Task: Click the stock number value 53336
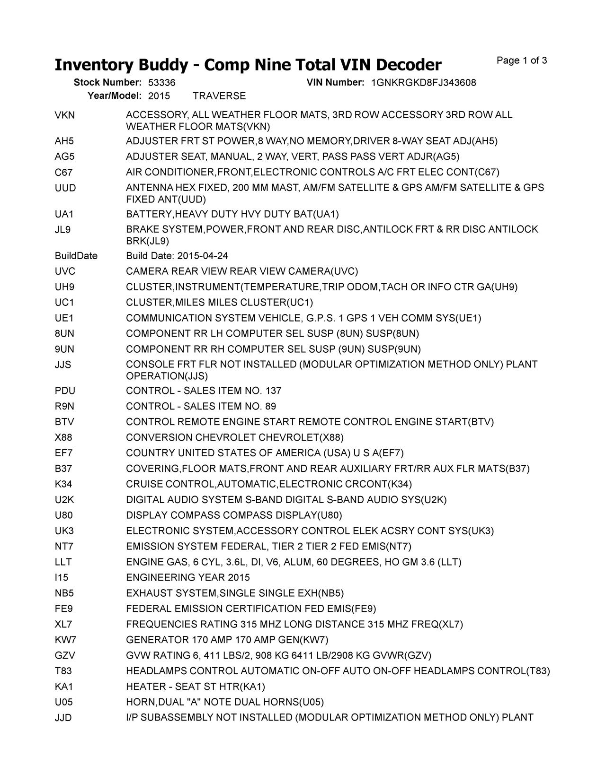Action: [x=161, y=83]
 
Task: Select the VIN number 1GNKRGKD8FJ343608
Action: [x=424, y=83]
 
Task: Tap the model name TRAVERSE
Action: [x=219, y=96]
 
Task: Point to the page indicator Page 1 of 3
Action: [x=522, y=61]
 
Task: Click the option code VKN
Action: [x=65, y=115]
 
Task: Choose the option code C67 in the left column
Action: [x=63, y=172]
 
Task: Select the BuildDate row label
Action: [x=76, y=256]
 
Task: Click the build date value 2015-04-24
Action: [x=203, y=256]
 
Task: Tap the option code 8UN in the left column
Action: [x=65, y=334]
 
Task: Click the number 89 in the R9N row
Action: [x=271, y=407]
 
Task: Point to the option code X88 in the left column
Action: [x=63, y=437]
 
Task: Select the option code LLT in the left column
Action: [x=63, y=562]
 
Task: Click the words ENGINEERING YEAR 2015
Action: [x=188, y=578]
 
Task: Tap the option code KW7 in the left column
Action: [x=65, y=640]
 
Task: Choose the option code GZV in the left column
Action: [x=65, y=656]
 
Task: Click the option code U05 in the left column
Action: [x=64, y=702]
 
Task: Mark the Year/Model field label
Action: [x=115, y=96]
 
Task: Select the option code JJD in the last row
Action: [x=63, y=718]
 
